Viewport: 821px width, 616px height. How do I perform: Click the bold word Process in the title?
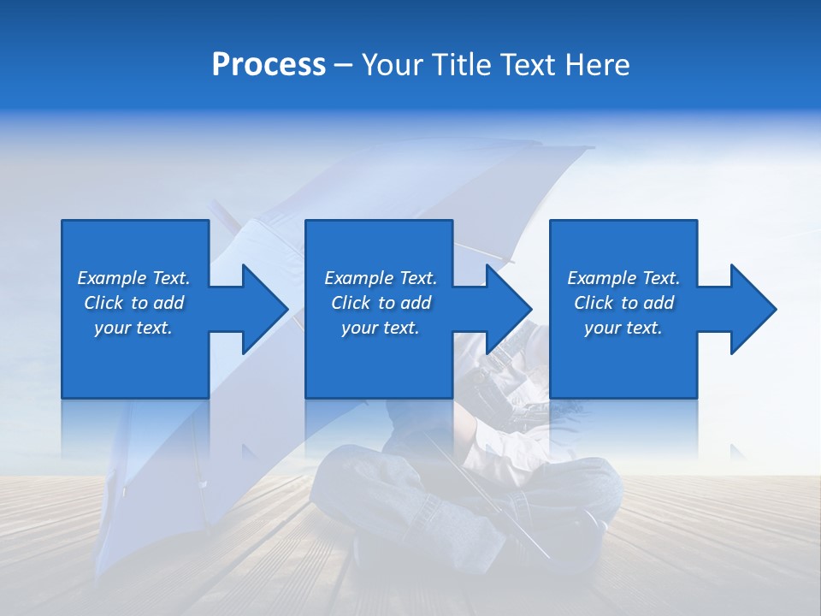pos(269,65)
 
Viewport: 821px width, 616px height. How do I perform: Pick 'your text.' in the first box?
pos(133,328)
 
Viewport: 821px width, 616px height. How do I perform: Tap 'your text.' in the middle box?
pos(380,328)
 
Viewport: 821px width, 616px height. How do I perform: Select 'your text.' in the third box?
pos(623,328)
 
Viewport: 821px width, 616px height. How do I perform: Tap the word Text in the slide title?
pos(528,65)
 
